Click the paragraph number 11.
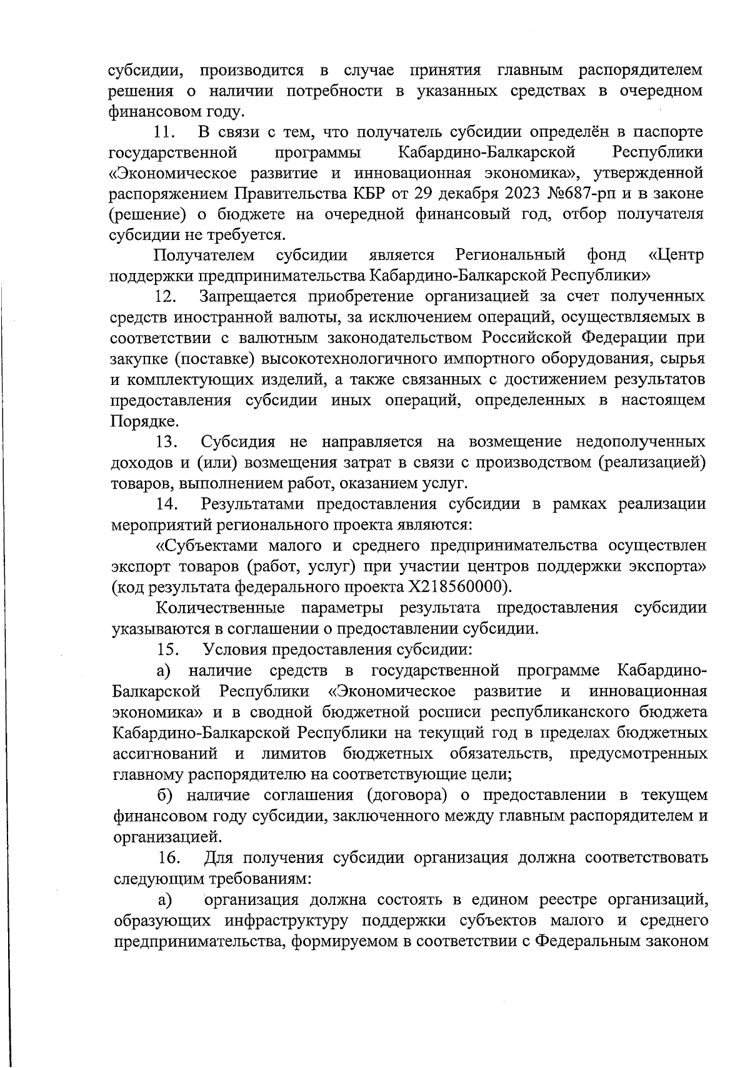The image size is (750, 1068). click(164, 132)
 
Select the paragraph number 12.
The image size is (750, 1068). click(166, 296)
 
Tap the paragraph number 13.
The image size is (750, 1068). click(167, 442)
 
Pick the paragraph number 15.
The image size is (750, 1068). click(168, 649)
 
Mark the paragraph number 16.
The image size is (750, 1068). click(169, 857)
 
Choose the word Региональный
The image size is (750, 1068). click(511, 255)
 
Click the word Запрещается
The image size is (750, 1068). click(258, 296)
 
